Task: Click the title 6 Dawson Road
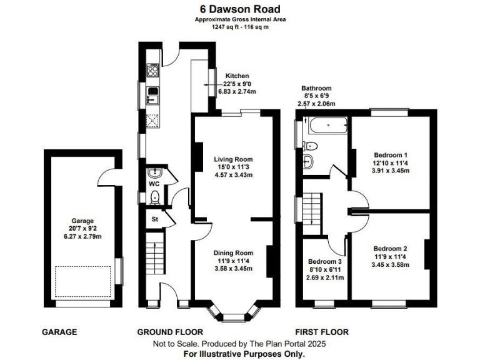point(240,9)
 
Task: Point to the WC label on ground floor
point(154,185)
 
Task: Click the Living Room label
point(232,159)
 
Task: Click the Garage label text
point(82,221)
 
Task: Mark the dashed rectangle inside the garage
point(82,282)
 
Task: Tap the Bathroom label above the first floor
point(316,88)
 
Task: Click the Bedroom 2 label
point(391,248)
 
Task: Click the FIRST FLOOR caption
point(322,332)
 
